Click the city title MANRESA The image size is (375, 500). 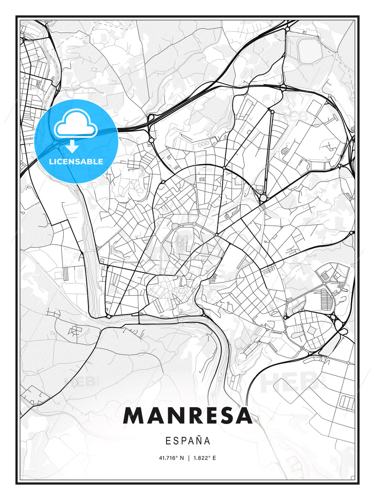pyautogui.click(x=187, y=416)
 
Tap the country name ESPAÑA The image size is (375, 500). pyautogui.click(x=188, y=441)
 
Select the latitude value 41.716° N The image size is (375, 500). pyautogui.click(x=171, y=458)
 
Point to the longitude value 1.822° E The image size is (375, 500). pyautogui.click(x=205, y=458)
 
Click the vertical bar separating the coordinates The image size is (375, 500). pyautogui.click(x=189, y=458)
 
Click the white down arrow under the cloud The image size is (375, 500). pyautogui.click(x=72, y=146)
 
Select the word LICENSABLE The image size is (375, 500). pyautogui.click(x=76, y=161)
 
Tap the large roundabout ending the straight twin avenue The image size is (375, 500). pyautogui.click(x=263, y=198)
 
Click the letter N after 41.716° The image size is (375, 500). pyautogui.click(x=182, y=458)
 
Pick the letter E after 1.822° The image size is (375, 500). pyautogui.click(x=214, y=458)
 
